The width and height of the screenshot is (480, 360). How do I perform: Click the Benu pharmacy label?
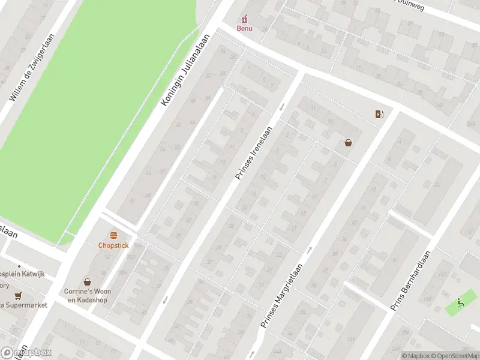tap(244, 28)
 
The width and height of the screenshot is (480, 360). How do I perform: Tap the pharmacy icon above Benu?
tap(244, 19)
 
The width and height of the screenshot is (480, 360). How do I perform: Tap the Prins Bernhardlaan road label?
tap(411, 280)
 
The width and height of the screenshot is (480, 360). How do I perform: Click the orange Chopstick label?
tap(113, 245)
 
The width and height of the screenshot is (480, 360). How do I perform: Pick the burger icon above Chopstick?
tap(113, 235)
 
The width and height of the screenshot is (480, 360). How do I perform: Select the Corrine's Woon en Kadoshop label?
tap(89, 295)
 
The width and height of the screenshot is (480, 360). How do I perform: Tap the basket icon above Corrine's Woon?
tap(88, 281)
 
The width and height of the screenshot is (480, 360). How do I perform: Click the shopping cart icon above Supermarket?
tap(18, 295)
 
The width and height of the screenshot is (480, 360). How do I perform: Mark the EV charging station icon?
tap(379, 114)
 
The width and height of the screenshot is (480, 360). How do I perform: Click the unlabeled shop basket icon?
tap(348, 143)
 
